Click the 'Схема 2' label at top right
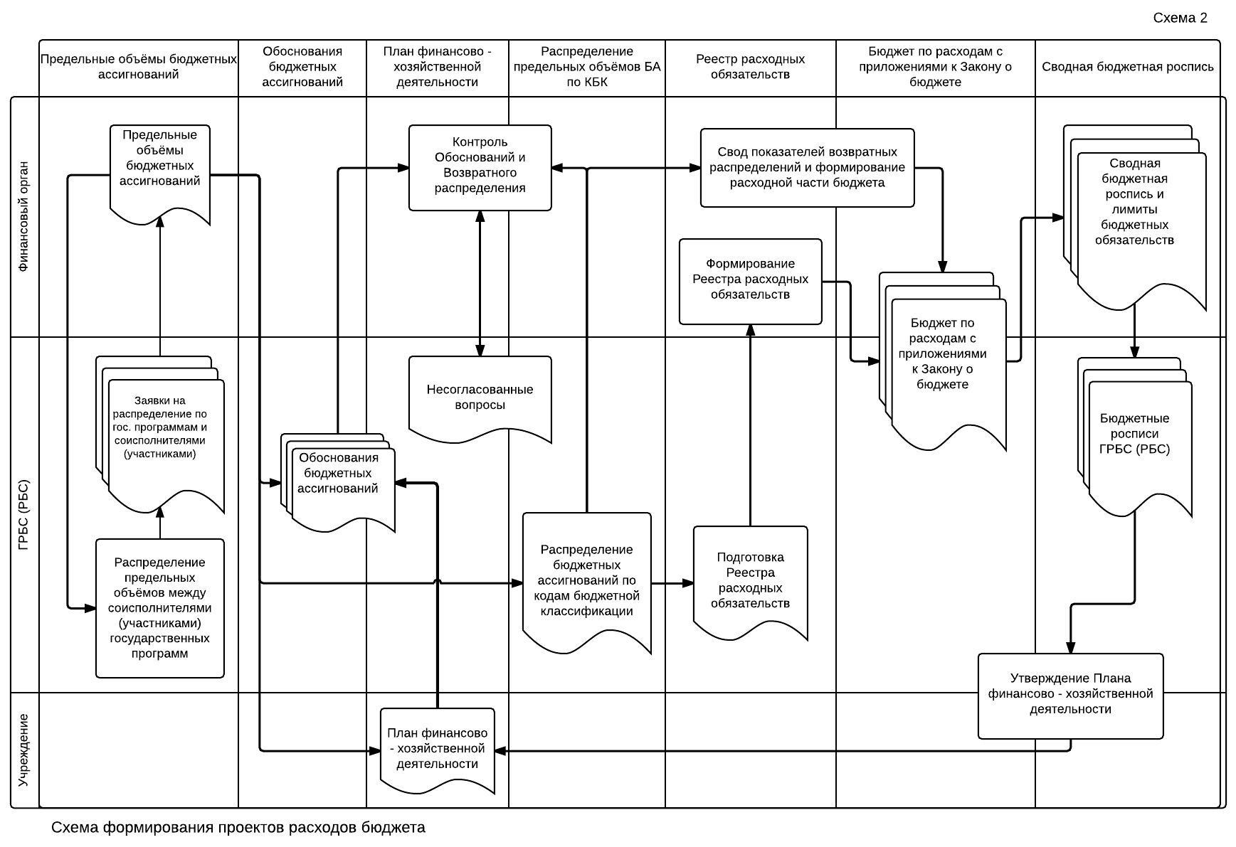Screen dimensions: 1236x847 tap(1180, 18)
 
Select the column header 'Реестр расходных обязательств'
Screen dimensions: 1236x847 tap(750, 67)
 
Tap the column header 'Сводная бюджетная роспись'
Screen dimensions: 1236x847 tap(1128, 67)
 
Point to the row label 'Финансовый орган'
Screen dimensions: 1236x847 tap(24, 217)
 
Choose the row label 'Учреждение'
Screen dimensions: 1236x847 tap(24, 750)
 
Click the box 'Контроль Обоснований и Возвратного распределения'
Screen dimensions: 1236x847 tap(480, 168)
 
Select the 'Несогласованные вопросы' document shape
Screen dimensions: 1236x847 tap(480, 399)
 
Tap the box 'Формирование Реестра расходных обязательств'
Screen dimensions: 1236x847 tap(751, 282)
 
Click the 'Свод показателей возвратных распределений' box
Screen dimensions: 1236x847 tap(808, 168)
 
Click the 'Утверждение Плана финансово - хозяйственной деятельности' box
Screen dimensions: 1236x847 tap(1071, 696)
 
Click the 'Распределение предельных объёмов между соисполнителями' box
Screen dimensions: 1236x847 tap(160, 608)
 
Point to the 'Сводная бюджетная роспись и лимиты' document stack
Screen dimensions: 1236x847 tap(1135, 217)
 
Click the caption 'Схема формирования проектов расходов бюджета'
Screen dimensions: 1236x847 tap(238, 828)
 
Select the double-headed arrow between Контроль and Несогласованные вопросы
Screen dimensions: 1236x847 tap(480, 284)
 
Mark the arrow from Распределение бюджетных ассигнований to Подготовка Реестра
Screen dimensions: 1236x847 tap(672, 583)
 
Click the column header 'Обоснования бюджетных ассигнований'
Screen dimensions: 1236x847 tap(302, 67)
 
